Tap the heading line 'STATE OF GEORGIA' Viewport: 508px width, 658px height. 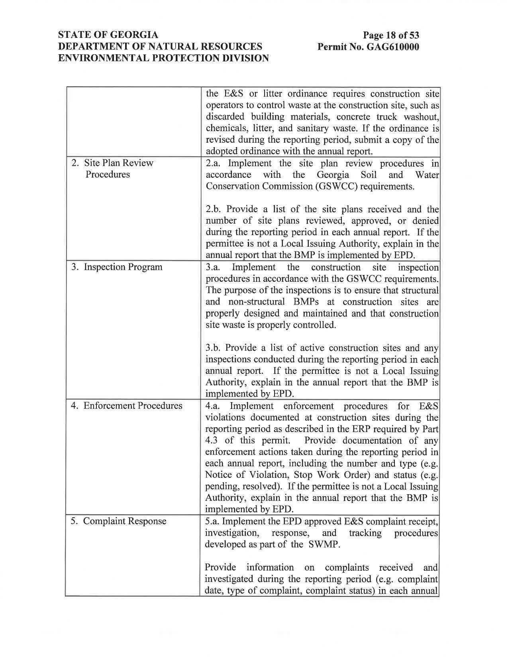108,35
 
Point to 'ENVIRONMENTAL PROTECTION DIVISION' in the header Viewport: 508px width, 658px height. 163,58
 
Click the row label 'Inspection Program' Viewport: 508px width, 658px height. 123,267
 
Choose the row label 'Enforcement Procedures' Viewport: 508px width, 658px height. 133,406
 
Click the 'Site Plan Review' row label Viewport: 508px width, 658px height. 118,163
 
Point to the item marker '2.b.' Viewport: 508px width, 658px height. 213,209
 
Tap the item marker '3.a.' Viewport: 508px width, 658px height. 213,267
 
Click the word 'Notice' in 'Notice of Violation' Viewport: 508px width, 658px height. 217,475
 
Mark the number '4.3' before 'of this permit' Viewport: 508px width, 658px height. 212,440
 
